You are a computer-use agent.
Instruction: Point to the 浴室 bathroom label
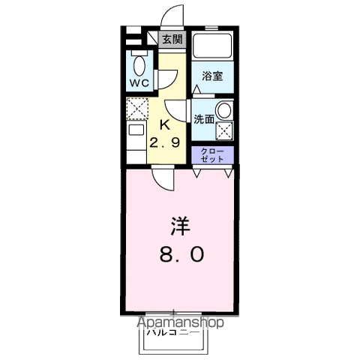click(211, 76)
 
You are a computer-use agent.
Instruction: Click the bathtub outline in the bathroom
click(211, 49)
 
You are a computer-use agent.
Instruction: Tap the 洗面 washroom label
click(204, 118)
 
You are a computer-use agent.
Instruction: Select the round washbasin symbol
click(223, 110)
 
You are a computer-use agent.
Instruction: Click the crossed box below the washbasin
click(224, 130)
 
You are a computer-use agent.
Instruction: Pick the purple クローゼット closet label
click(212, 155)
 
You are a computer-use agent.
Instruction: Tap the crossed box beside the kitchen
click(136, 109)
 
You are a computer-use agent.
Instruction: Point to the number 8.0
click(180, 255)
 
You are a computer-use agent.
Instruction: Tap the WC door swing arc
click(169, 76)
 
